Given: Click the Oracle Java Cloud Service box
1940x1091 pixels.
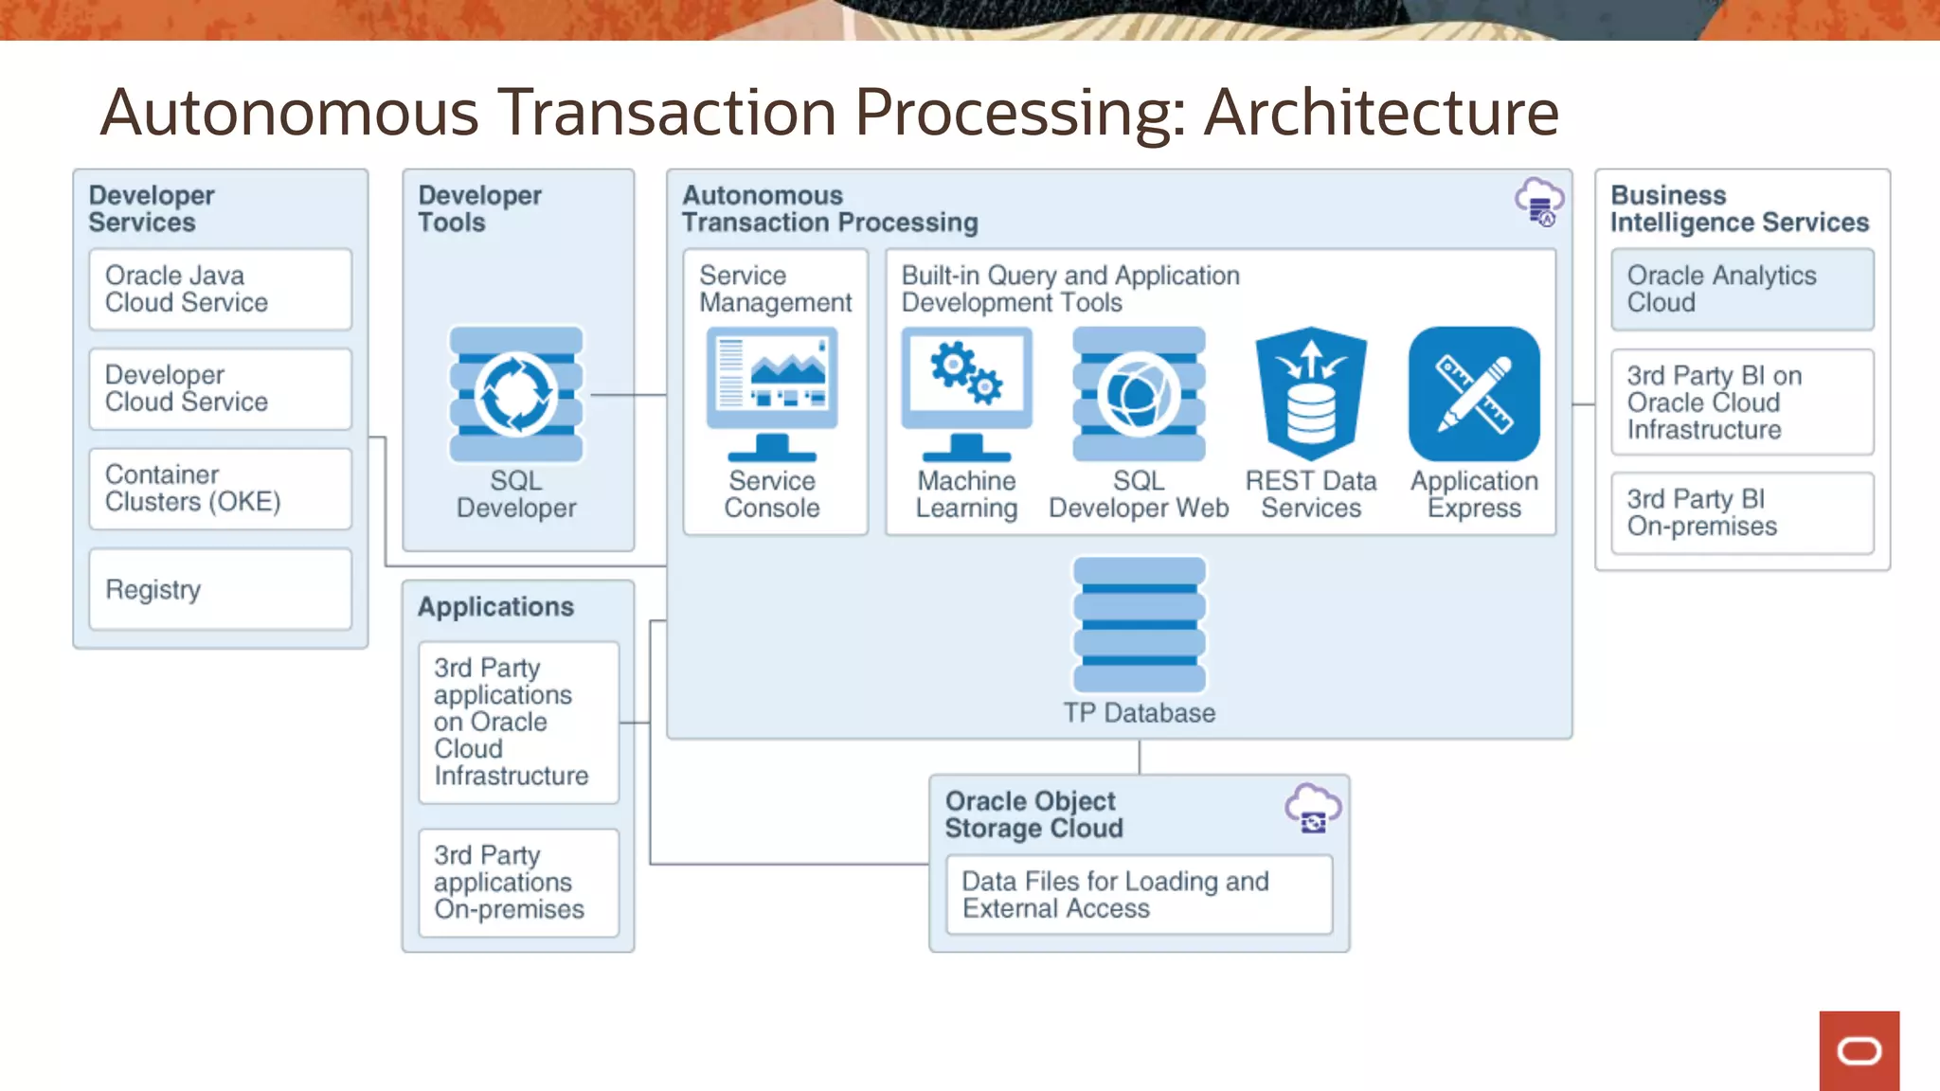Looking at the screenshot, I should click(x=220, y=289).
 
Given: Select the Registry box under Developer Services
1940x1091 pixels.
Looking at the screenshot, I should click(x=220, y=589).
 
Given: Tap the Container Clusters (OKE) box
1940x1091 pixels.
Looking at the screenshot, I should click(x=220, y=489).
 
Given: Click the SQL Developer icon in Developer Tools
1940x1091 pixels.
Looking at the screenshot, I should click(x=516, y=394).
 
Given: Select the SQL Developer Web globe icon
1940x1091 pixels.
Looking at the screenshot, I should click(x=1139, y=394).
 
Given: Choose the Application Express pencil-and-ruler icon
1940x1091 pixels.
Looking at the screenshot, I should click(x=1474, y=394).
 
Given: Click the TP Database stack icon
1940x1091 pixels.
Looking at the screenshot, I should click(x=1139, y=625).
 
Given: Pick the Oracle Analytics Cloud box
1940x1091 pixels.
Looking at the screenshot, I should click(x=1742, y=289).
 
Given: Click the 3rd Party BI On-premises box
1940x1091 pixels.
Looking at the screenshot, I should click(x=1742, y=512).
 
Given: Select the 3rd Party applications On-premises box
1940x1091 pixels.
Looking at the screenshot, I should click(x=518, y=883).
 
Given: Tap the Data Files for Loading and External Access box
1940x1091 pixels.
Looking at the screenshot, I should click(x=1139, y=895).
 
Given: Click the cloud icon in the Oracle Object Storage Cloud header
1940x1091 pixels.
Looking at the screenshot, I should click(x=1313, y=808).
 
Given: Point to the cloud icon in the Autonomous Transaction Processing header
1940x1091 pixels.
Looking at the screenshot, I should click(x=1539, y=202).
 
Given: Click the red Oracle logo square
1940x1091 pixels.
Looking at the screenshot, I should click(x=1859, y=1050).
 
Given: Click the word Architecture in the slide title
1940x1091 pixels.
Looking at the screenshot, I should click(x=1380, y=113).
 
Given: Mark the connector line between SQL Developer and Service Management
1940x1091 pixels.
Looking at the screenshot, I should click(x=628, y=395).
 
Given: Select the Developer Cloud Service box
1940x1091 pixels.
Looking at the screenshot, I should click(x=220, y=388).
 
